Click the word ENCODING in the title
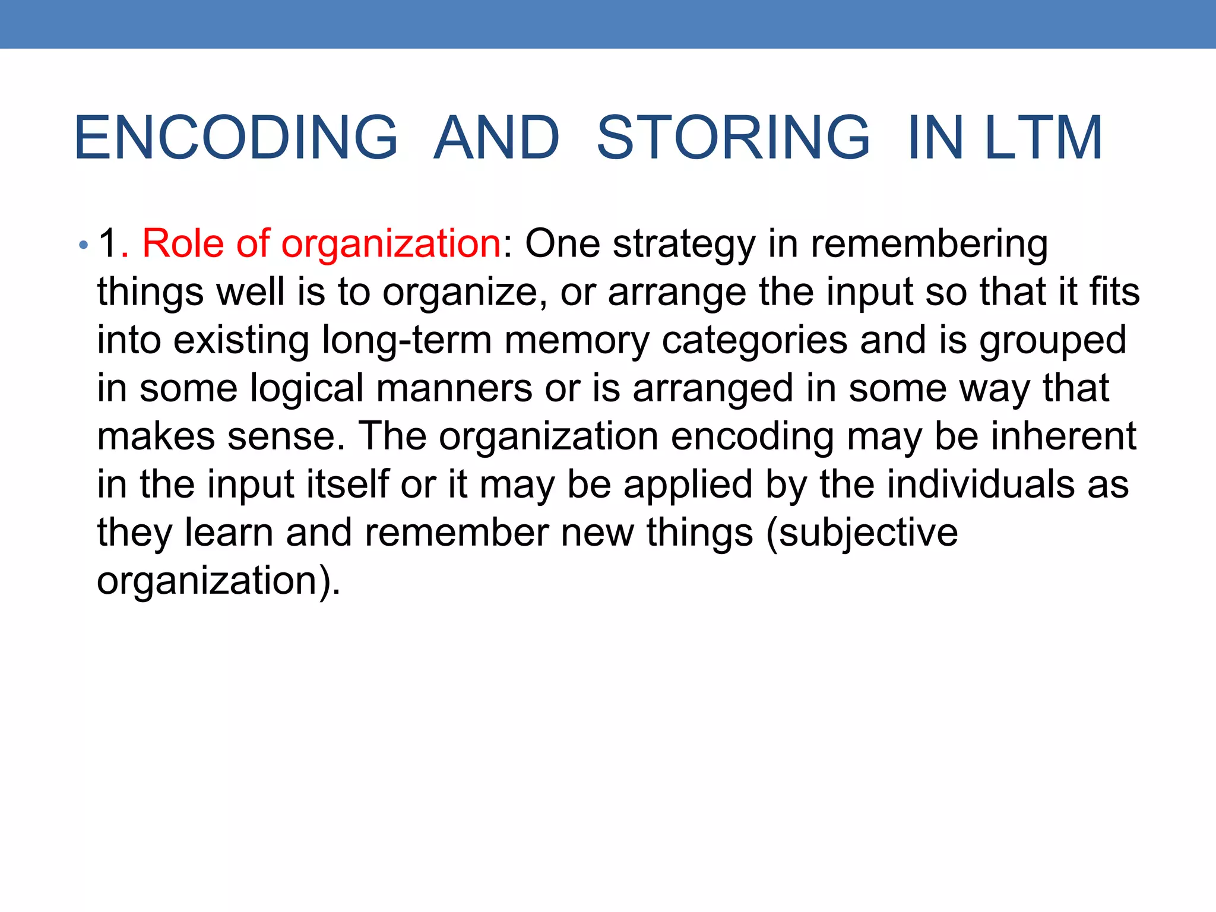[x=236, y=138]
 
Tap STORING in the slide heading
[x=733, y=138]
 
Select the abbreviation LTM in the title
[x=1044, y=138]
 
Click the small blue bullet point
[x=84, y=245]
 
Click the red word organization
[x=391, y=245]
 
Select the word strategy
[x=684, y=245]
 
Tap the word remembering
[x=929, y=245]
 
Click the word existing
[x=241, y=341]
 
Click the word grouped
[x=1053, y=341]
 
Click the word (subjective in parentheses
[x=862, y=533]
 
